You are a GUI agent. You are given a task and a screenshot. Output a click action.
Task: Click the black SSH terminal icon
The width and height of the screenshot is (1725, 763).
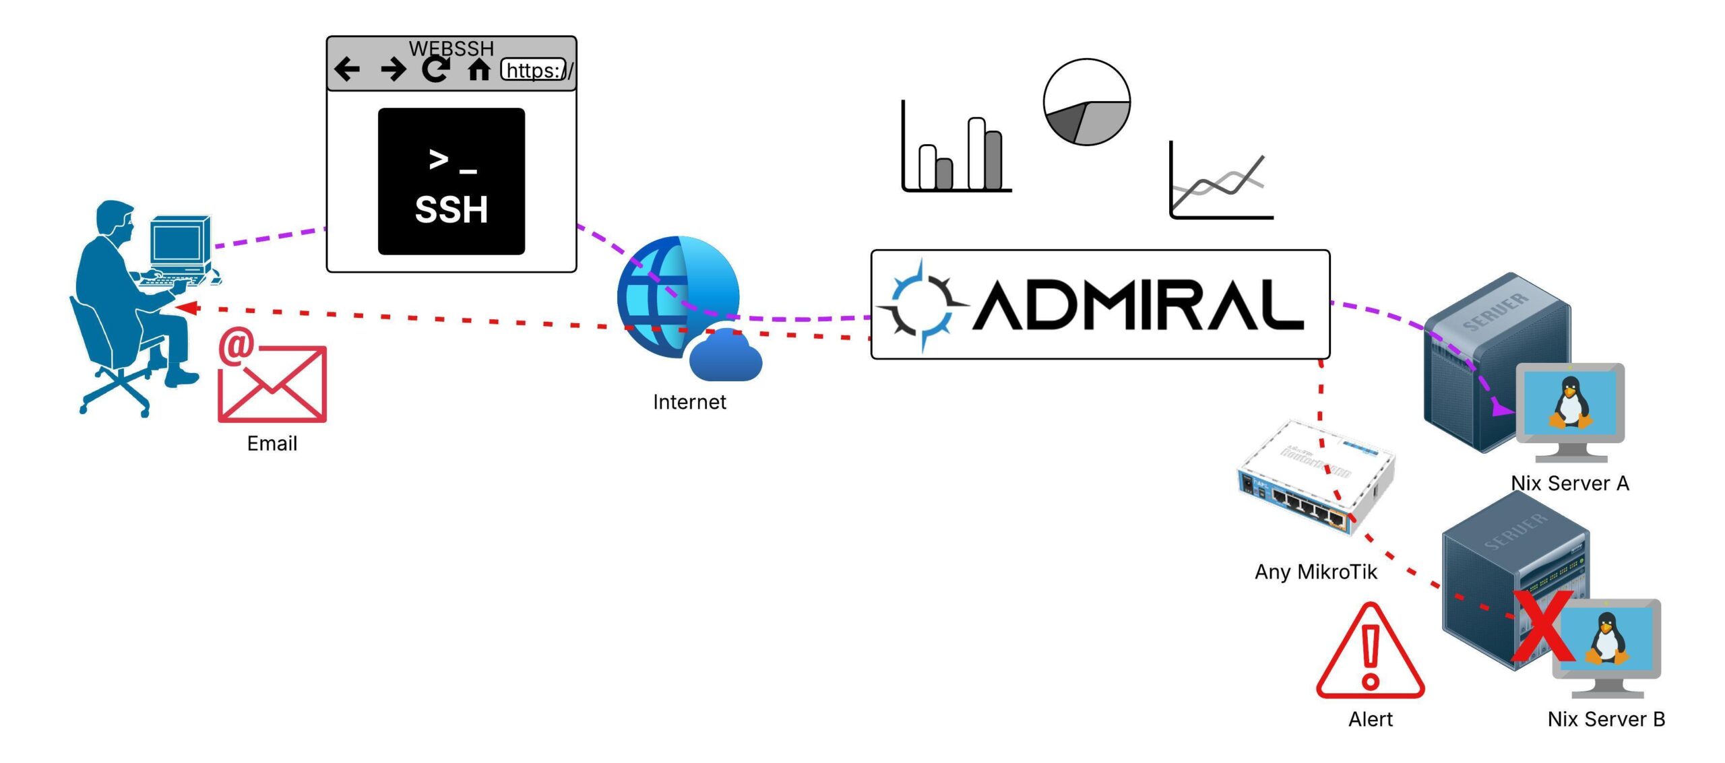point(451,181)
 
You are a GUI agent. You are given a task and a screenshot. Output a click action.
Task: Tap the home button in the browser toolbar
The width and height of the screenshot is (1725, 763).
point(478,69)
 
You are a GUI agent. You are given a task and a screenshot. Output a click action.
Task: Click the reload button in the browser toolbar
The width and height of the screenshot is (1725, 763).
point(436,69)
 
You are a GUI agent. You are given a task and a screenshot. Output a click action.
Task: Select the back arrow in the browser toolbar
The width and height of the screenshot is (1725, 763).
point(347,69)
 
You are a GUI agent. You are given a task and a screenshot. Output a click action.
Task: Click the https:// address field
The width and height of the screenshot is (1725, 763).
point(534,70)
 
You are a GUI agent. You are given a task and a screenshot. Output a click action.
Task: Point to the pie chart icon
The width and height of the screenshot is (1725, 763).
point(1086,102)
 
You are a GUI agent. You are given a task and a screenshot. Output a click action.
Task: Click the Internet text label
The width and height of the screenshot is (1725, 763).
point(689,402)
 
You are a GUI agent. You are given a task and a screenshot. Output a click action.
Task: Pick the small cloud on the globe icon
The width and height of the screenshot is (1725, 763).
point(725,356)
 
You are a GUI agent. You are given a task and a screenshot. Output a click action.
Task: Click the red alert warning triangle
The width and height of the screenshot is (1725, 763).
point(1370,653)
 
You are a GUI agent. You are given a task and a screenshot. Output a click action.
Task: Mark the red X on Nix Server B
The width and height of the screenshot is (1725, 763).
point(1543,626)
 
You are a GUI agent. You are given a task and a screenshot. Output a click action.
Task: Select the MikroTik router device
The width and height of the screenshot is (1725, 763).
point(1314,478)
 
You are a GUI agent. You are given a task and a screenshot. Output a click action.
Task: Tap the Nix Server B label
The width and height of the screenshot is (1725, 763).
point(1606,719)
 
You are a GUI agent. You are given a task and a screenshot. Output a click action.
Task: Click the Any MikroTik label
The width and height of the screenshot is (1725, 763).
point(1315,572)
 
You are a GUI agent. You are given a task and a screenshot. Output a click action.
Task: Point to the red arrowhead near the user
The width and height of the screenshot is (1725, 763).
point(187,308)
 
